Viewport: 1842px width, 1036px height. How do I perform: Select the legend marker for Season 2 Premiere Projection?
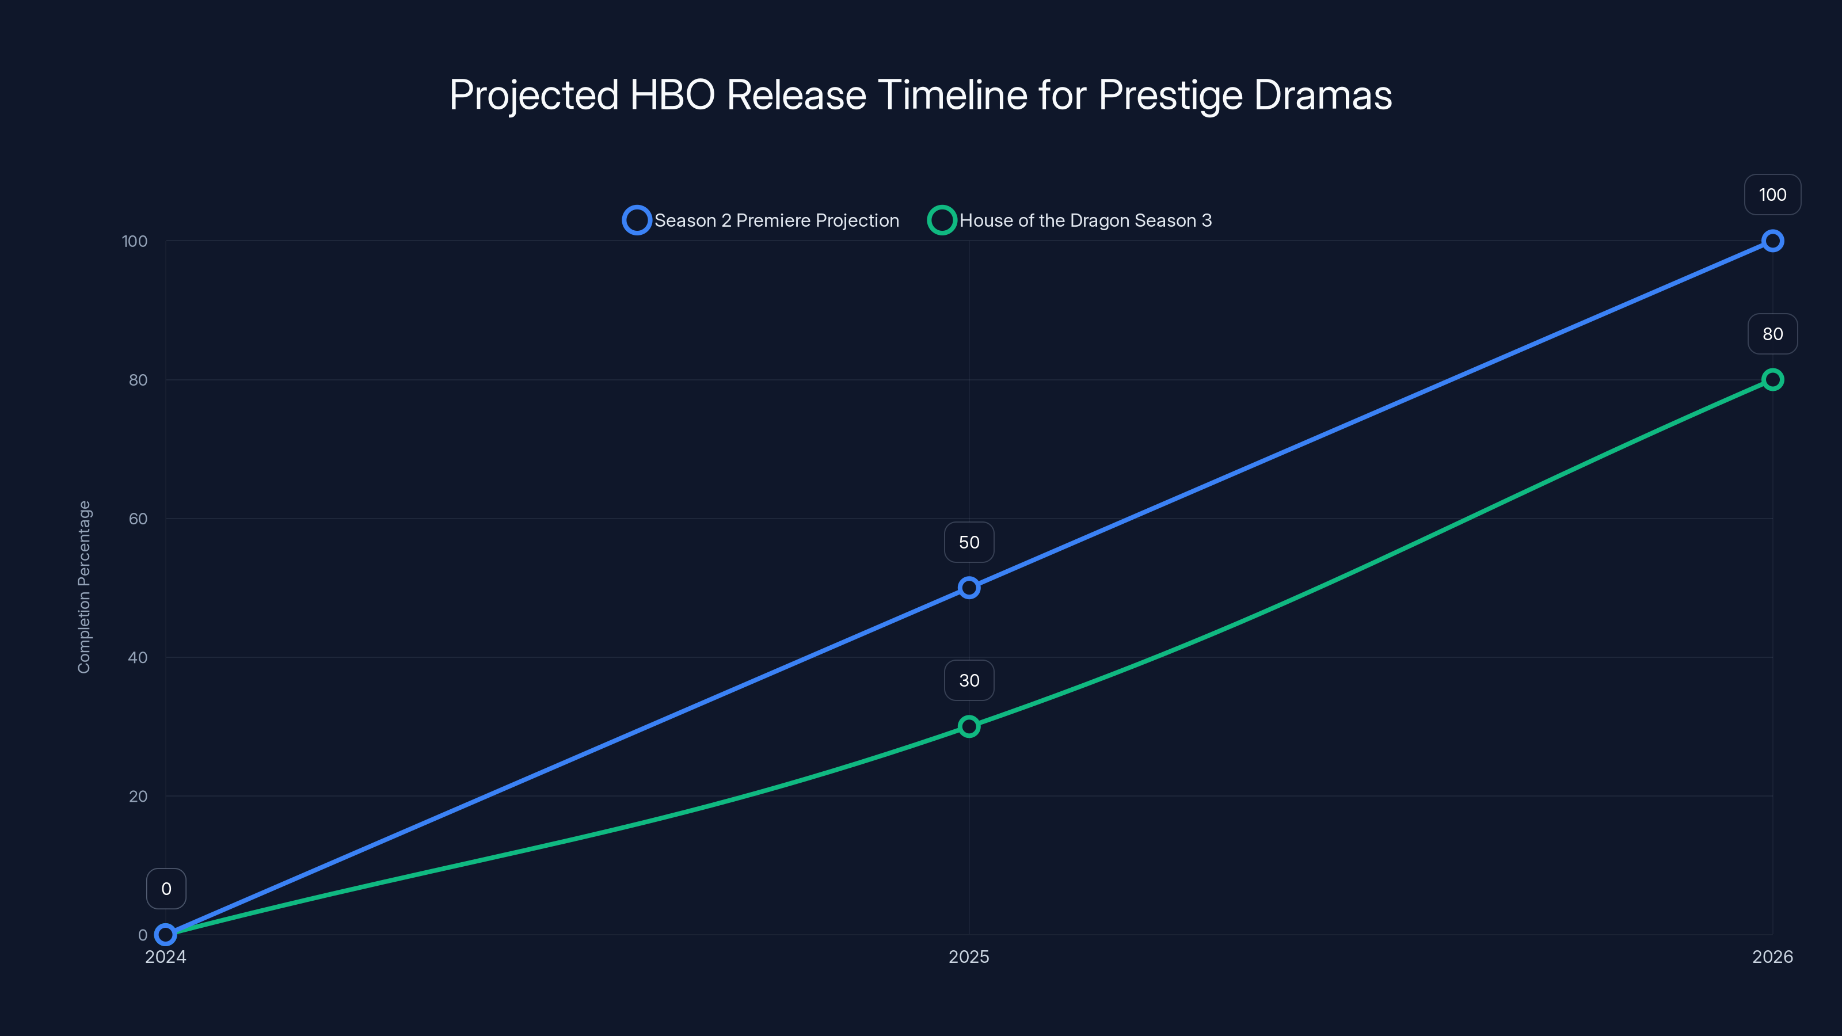[x=637, y=220]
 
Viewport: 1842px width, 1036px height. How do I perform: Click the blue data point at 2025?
[x=969, y=588]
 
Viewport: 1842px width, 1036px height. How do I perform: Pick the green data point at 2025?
[x=969, y=726]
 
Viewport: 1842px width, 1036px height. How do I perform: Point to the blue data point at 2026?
[x=1772, y=241]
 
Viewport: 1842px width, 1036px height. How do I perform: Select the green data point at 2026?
[x=1772, y=380]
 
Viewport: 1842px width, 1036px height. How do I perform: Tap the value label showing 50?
[x=969, y=543]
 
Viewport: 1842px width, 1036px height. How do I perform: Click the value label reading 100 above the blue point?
[x=1772, y=195]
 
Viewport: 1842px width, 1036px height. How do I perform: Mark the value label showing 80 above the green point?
[x=1772, y=334]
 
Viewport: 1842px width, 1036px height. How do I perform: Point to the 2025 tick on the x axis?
[x=969, y=957]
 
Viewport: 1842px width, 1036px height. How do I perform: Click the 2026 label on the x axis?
[x=1772, y=957]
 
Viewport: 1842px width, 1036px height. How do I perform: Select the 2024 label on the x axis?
[x=165, y=957]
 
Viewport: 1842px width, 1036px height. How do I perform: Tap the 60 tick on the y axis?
[x=138, y=519]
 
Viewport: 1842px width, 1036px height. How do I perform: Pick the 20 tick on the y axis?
[x=138, y=796]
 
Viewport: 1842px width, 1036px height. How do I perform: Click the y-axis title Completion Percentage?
[x=85, y=586]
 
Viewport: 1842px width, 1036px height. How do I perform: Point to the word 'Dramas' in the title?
[x=1323, y=95]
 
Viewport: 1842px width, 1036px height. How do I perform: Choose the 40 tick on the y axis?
[x=138, y=657]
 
